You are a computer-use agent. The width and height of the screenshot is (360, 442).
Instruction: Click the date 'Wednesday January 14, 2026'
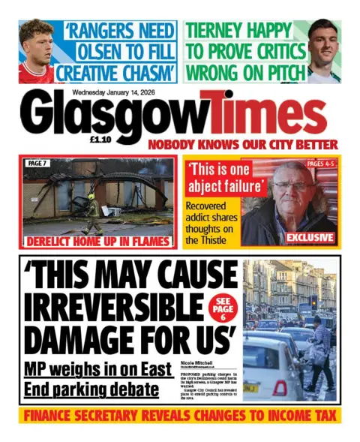[x=113, y=93]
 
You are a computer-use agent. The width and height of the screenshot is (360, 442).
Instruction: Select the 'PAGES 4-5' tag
[x=322, y=163]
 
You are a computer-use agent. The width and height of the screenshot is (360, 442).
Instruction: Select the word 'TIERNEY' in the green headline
[x=217, y=32]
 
